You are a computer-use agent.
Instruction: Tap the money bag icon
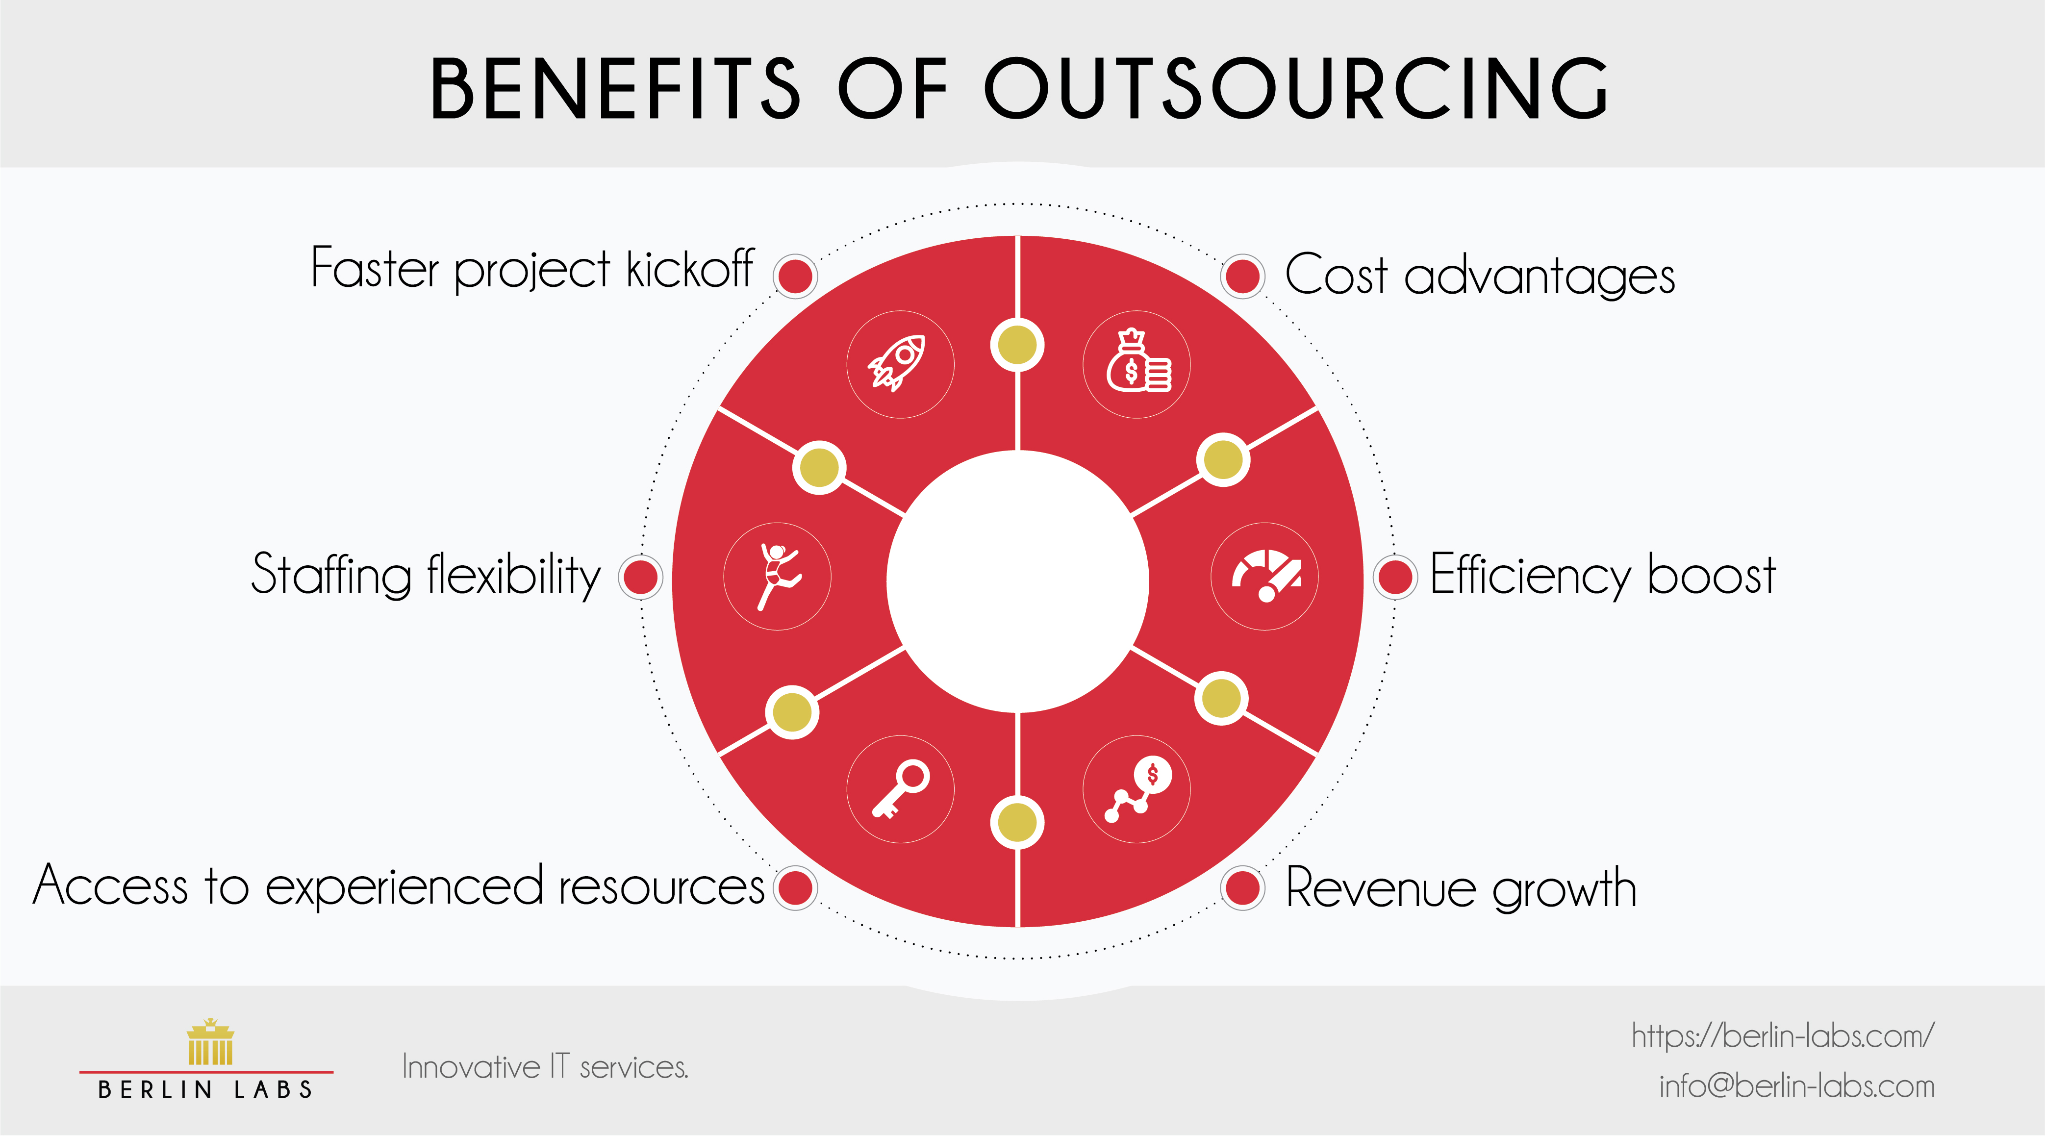(1137, 364)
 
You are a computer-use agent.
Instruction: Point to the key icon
(900, 789)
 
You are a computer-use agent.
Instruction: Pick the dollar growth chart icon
(1137, 789)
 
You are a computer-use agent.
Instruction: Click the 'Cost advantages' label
(1479, 276)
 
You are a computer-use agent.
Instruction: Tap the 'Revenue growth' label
(1461, 887)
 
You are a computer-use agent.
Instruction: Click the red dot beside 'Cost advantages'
(1242, 276)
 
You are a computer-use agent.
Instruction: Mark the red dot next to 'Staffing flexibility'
(641, 577)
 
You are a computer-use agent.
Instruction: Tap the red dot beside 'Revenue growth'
(1242, 887)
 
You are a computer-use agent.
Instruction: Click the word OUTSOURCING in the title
(1295, 89)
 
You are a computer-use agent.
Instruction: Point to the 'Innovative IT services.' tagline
(545, 1067)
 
